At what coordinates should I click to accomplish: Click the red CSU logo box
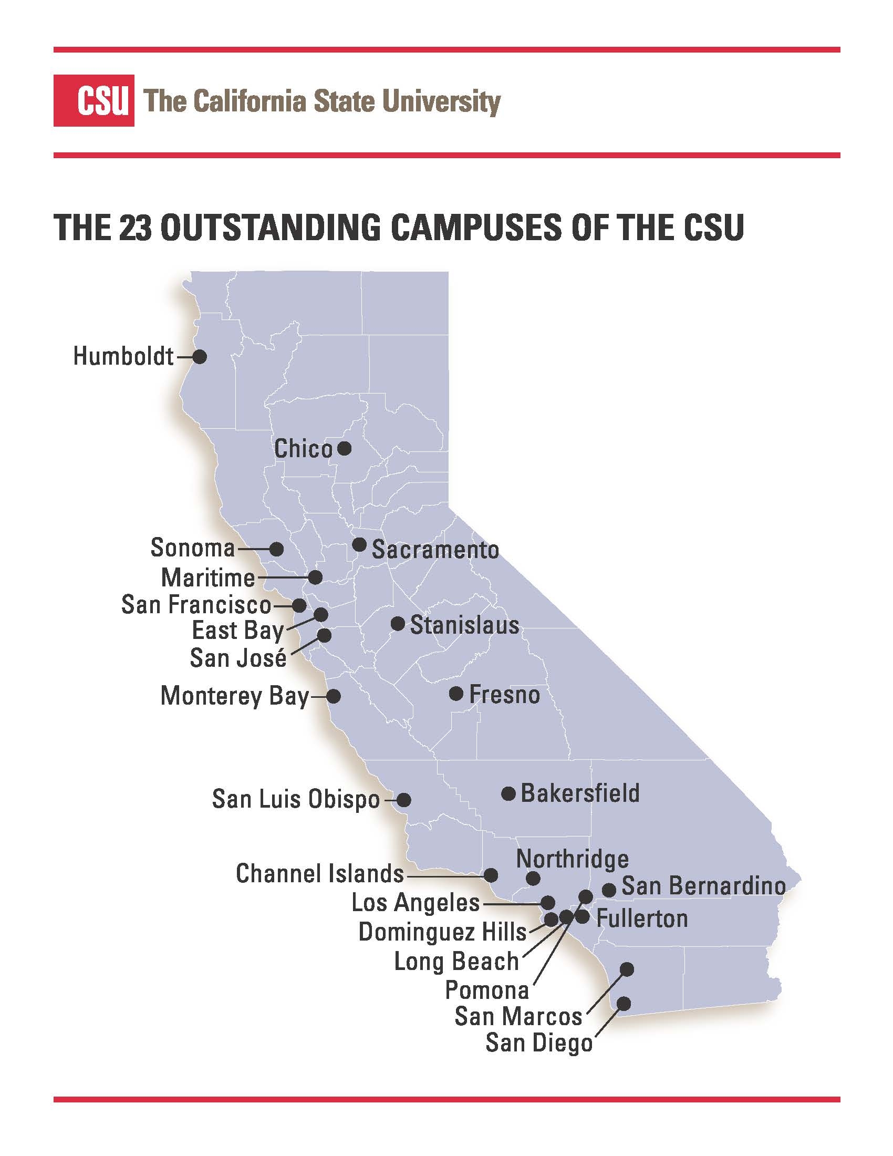pos(94,100)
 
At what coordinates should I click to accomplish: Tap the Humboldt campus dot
pos(200,357)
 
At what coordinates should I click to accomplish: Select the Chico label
pos(303,449)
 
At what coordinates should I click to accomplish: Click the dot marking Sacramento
pos(359,544)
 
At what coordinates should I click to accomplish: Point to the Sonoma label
pos(193,548)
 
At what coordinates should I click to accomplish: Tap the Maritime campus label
pos(208,577)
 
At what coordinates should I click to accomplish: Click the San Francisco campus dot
pos(299,604)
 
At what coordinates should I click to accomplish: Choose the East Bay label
pos(237,631)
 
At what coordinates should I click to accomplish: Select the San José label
pos(238,658)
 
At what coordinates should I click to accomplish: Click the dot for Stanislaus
pos(398,624)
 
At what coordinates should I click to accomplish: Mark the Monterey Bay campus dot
pos(333,696)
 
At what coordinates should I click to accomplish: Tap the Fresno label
pos(504,695)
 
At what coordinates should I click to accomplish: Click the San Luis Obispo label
pos(296,799)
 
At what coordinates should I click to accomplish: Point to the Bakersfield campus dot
pos(508,793)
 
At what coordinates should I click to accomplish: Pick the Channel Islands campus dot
pos(492,875)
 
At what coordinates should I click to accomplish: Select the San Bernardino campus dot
pos(609,890)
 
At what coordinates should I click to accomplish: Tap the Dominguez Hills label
pos(442,932)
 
